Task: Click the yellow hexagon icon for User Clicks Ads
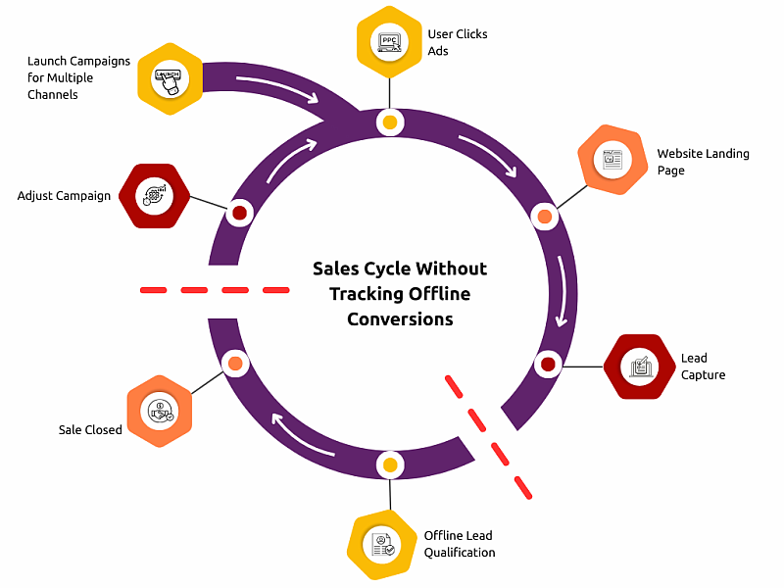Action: pos(390,43)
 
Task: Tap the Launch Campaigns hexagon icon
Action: pos(170,78)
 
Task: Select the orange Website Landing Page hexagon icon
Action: pos(612,159)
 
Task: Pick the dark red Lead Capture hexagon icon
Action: pos(639,367)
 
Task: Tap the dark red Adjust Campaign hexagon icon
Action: pos(154,196)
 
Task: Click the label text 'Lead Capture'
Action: pos(704,367)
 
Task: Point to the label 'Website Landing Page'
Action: pos(703,162)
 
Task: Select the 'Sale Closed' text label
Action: pos(91,429)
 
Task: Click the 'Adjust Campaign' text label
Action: pos(64,196)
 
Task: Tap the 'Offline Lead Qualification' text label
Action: pos(460,544)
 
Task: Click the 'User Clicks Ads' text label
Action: pos(458,42)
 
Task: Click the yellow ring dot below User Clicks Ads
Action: pos(390,123)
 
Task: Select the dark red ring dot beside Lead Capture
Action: pos(548,365)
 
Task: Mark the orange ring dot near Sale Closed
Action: pos(235,364)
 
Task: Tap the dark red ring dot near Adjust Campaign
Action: pos(239,213)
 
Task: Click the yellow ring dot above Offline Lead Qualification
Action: pos(390,465)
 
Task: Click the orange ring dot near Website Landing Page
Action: pos(545,216)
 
